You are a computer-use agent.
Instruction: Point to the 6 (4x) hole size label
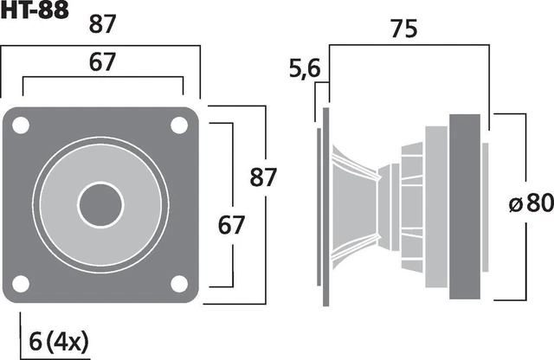(60, 338)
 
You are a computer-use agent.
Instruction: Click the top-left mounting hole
(23, 125)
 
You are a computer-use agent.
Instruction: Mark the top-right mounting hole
(179, 125)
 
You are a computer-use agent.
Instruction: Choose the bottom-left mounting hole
(23, 283)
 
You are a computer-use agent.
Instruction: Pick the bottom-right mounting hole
(179, 283)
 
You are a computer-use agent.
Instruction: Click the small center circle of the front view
(101, 204)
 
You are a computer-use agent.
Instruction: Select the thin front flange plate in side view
(327, 204)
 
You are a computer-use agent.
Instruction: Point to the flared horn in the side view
(355, 204)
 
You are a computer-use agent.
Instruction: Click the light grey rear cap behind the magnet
(485, 204)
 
